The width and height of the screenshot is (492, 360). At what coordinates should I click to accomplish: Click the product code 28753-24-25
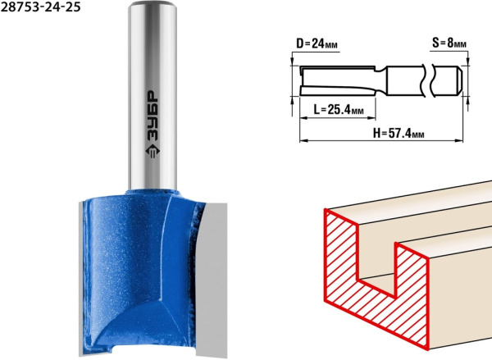click(40, 7)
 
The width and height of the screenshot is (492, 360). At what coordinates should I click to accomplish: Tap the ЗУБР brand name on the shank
click(153, 115)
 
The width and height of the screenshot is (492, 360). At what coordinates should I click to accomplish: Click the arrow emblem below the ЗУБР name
click(153, 150)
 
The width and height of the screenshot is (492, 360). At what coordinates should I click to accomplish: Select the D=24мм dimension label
click(317, 43)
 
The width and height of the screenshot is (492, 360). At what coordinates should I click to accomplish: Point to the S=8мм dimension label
click(449, 43)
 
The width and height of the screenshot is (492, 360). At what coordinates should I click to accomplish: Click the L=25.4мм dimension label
click(339, 109)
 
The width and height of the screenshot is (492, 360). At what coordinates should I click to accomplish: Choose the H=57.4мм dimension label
click(399, 133)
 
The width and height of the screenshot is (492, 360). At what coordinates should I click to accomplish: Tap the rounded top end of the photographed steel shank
click(153, 4)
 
